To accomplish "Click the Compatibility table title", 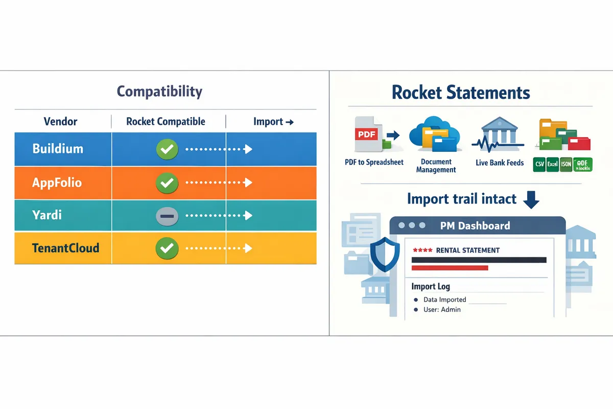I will [159, 92].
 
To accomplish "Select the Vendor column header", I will [60, 122].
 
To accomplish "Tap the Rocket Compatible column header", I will [166, 122].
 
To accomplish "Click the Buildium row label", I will [58, 149].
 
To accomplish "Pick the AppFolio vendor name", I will [57, 183].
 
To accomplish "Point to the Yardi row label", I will [46, 215].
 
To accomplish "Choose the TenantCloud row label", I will [65, 248].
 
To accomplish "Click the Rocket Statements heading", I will [460, 93].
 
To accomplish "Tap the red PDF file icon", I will [366, 134].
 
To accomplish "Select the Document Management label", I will [436, 166].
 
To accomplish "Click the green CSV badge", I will [539, 164].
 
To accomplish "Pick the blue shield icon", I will [382, 254].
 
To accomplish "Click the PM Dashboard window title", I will [475, 225].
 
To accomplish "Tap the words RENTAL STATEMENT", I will [467, 251].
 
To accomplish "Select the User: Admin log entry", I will [442, 310].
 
